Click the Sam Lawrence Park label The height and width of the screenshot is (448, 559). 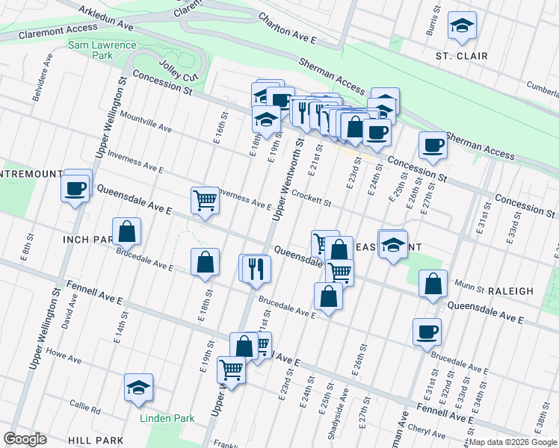pos(102,50)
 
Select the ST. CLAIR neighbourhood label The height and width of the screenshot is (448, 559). pos(462,56)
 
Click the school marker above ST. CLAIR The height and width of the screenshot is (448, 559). pos(462,26)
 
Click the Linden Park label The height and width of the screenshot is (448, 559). pos(167,418)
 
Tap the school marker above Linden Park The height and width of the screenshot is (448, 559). pos(138,388)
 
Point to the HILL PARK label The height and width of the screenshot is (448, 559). pos(95,441)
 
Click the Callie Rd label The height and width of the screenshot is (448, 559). pos(84,408)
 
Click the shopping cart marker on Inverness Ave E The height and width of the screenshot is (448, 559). pos(204,199)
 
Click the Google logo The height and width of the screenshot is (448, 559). pos(25,439)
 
